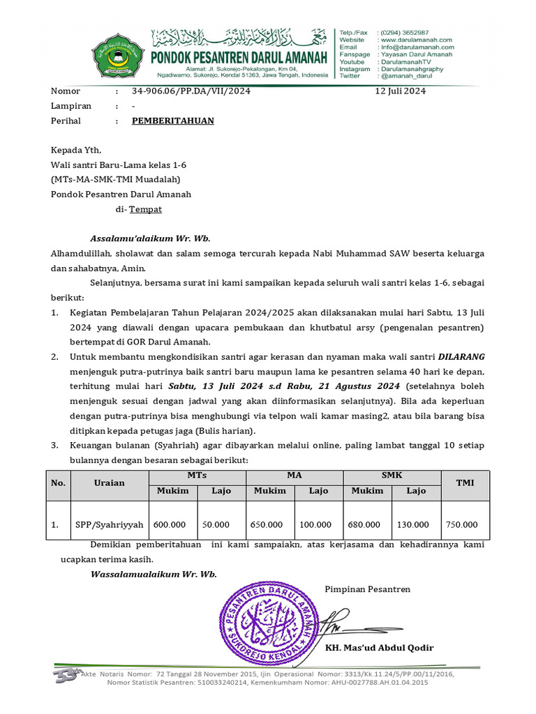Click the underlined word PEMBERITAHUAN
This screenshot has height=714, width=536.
coord(173,121)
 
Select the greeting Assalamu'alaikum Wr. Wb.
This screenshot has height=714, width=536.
coord(150,237)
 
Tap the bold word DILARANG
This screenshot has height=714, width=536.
coord(461,355)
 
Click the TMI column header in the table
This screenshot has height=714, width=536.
coord(465,483)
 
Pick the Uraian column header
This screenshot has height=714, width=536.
coord(110,483)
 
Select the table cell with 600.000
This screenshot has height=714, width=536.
coord(170,524)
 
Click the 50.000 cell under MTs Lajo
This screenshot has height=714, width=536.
coord(216,524)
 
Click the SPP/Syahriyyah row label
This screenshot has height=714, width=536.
coord(110,524)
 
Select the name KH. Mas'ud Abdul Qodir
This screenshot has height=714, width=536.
coord(380,648)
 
